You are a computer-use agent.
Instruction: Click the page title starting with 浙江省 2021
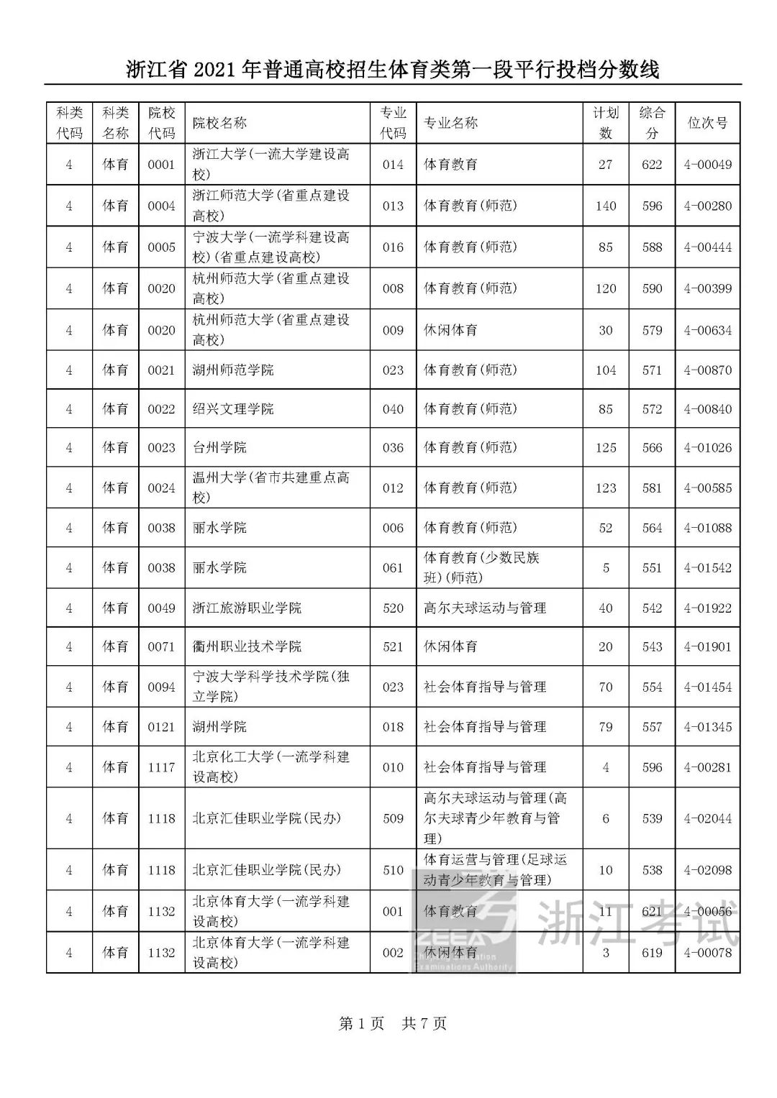392,70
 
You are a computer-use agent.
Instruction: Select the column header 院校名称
219,123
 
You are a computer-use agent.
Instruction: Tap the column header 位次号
707,123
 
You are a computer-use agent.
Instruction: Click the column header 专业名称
450,123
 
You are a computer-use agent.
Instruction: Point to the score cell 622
652,165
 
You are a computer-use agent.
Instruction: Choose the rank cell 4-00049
707,165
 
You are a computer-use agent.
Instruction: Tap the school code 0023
161,448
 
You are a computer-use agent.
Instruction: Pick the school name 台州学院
219,448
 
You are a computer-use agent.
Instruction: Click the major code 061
393,568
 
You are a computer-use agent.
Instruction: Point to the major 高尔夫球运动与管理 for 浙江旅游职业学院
485,608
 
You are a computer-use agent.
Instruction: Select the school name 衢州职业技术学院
247,647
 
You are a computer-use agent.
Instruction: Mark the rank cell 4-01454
707,687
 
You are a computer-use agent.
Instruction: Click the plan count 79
605,727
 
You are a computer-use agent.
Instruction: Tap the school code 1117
161,767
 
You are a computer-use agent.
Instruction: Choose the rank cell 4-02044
707,818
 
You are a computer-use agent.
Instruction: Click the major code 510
393,870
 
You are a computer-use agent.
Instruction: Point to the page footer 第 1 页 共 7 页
392,1023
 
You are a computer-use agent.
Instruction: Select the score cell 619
652,953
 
